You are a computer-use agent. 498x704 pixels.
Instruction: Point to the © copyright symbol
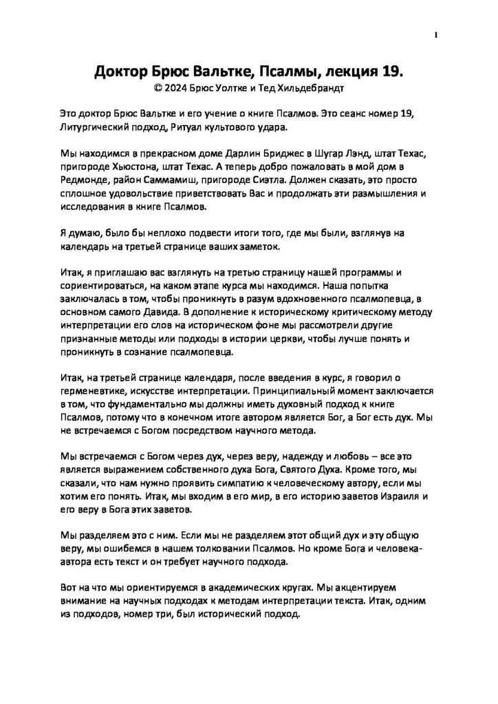160,88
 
